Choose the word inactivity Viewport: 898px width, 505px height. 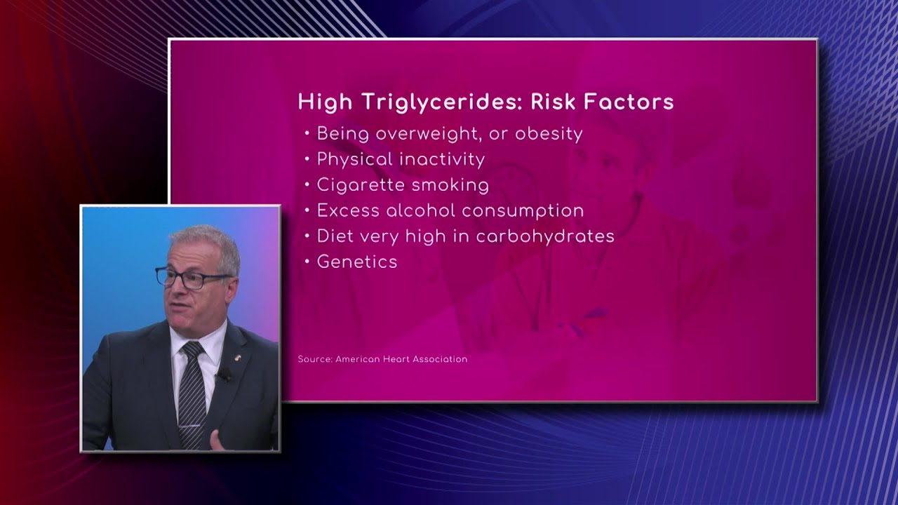pos(442,159)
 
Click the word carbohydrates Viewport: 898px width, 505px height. pos(545,236)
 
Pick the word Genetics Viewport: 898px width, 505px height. pos(357,262)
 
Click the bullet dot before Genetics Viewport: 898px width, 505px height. pos(307,262)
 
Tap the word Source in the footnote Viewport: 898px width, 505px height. pos(314,359)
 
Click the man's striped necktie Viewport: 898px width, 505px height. pos(192,393)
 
